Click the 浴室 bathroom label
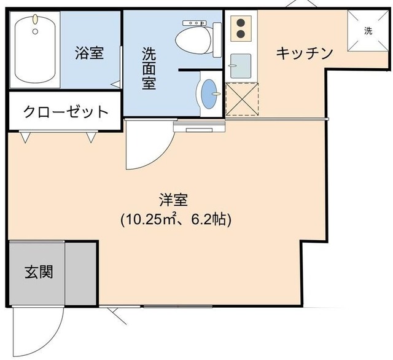coord(89,53)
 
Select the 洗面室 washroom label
coord(149,68)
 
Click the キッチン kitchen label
coord(304,53)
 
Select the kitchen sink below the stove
coord(241,65)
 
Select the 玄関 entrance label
coord(37,272)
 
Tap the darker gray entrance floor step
coord(80,273)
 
